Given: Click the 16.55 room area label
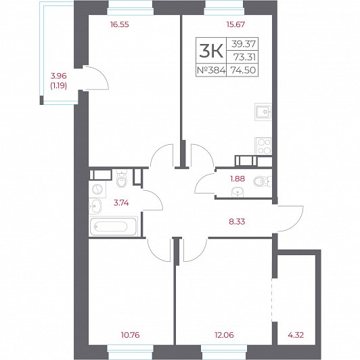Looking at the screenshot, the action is coord(119,24).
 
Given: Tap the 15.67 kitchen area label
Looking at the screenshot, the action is coord(235,24).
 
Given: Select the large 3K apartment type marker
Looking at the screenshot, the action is coord(211,51).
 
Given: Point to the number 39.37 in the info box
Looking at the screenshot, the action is coord(244,43).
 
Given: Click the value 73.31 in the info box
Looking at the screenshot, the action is coord(244,57).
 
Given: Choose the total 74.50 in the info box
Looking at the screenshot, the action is coord(243,70).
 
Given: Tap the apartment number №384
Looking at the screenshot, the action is coord(211,70).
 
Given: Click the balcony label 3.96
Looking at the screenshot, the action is coord(59,76).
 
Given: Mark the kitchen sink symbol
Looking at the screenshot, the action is coord(263,112).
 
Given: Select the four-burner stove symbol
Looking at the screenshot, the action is coord(263,146).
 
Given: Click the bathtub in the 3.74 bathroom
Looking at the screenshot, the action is coord(114,226).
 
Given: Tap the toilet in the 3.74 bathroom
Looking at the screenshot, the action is coord(121,179).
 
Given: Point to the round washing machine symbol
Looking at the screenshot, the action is coord(98,189).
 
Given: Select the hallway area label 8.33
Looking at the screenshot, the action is coord(237,221).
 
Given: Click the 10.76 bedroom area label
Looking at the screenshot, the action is coord(130,335).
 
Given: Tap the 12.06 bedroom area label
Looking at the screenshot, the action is coord(224,335).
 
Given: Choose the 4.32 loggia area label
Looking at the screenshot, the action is coord(296,335).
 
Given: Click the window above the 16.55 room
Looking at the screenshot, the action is coord(131,8).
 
